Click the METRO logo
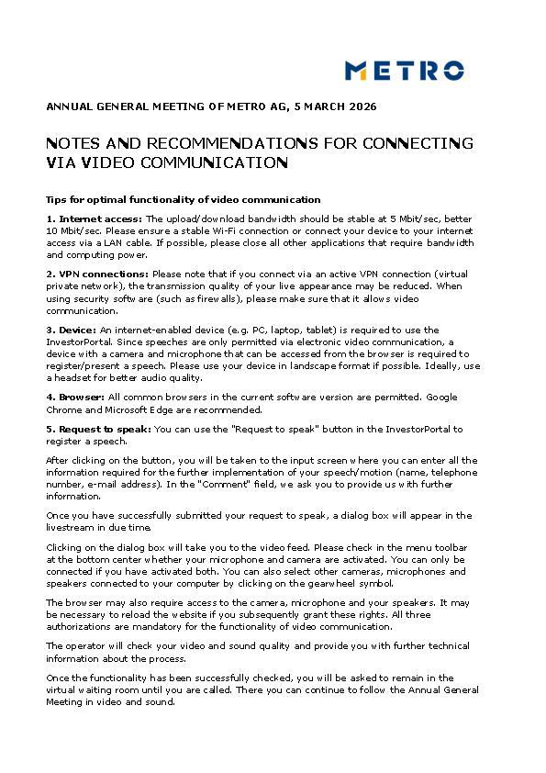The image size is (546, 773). pos(404,70)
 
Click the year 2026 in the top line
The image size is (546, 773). pos(362,107)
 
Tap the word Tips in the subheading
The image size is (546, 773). pos(57,199)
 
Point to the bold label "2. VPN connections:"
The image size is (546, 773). pos(97,274)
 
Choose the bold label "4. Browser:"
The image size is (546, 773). pos(75,397)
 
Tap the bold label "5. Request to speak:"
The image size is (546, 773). pos(98,429)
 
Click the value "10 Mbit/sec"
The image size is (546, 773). pos(71,230)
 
